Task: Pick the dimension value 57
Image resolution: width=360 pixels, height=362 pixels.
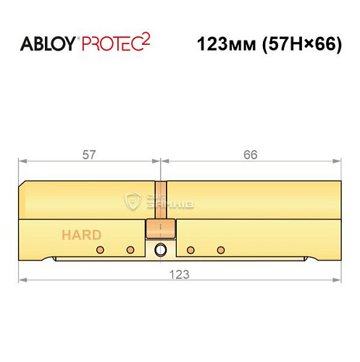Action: click(x=90, y=155)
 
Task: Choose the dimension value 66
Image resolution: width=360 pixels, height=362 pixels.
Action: click(x=251, y=155)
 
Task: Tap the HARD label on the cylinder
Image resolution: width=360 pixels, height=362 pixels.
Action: click(x=81, y=235)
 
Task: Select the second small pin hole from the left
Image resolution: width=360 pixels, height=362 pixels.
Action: click(x=130, y=251)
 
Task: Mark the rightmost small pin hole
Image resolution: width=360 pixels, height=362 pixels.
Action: click(x=219, y=251)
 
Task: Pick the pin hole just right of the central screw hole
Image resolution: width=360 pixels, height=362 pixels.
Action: click(x=190, y=251)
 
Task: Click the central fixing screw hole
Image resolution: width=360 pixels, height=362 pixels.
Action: click(x=160, y=251)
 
